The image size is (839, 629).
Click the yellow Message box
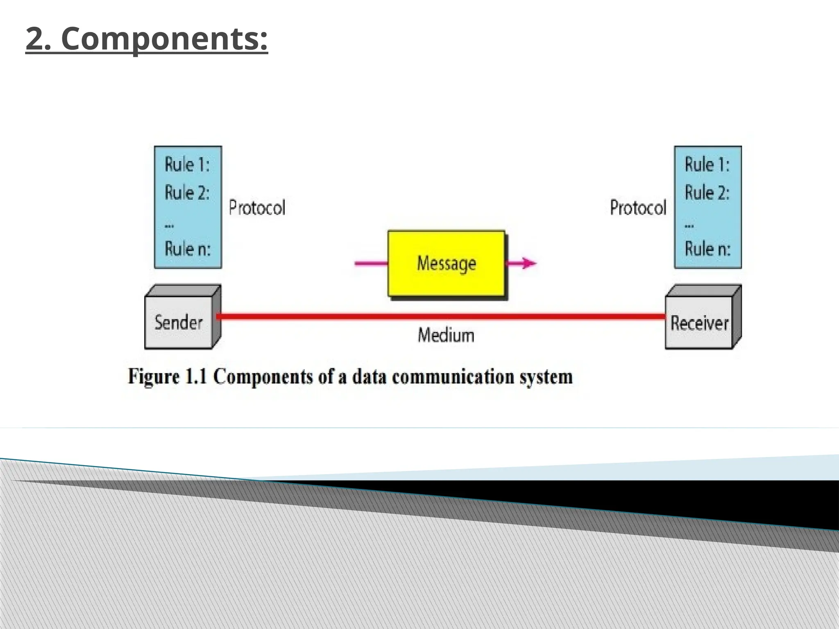(446, 263)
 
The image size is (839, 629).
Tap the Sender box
(179, 323)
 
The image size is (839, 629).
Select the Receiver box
(699, 323)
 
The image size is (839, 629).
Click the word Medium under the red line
(446, 335)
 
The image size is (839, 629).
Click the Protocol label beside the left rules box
(257, 208)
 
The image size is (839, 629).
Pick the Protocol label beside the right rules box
(638, 208)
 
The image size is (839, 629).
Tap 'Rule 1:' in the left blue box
(187, 165)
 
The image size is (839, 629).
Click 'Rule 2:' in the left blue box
(187, 192)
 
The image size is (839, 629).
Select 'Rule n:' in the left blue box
(187, 249)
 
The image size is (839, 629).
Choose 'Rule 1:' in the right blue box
(707, 165)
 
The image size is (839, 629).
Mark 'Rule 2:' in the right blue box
(707, 192)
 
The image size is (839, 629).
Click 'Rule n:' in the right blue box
(707, 249)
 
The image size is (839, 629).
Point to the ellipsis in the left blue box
(169, 225)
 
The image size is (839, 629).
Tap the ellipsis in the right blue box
(689, 225)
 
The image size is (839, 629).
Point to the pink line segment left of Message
(371, 263)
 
